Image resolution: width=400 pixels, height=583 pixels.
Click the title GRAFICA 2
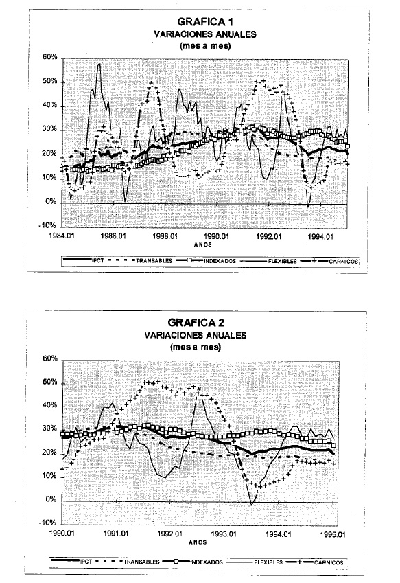click(x=196, y=322)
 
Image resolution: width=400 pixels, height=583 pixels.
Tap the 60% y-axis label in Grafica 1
click(x=50, y=57)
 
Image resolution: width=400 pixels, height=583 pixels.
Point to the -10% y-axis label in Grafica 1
click(x=48, y=225)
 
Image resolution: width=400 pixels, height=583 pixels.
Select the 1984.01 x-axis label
click(x=62, y=236)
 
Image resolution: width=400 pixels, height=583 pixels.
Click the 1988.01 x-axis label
click(x=165, y=236)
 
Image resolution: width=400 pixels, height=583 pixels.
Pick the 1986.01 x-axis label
click(x=114, y=236)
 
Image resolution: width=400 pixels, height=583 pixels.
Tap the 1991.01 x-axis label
click(x=117, y=534)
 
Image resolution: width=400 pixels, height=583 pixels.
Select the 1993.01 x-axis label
click(x=224, y=534)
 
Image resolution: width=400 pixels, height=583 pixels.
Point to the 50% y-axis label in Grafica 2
click(x=50, y=382)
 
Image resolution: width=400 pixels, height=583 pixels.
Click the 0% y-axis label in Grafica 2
click(x=52, y=499)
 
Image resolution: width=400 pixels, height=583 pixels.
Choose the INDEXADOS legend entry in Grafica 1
click(x=206, y=261)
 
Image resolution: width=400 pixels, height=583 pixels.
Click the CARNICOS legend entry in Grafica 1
click(x=329, y=262)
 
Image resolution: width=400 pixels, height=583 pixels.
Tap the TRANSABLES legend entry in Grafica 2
click(x=128, y=562)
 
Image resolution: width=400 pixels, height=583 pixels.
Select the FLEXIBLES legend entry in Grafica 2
click(x=255, y=562)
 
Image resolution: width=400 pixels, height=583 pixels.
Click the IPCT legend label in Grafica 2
click(x=86, y=562)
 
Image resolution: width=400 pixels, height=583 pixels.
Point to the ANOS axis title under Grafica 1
click(x=203, y=244)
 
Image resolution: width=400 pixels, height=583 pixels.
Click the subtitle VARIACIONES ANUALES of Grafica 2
click(x=196, y=335)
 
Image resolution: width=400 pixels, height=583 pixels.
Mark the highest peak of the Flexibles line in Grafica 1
click(x=99, y=64)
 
